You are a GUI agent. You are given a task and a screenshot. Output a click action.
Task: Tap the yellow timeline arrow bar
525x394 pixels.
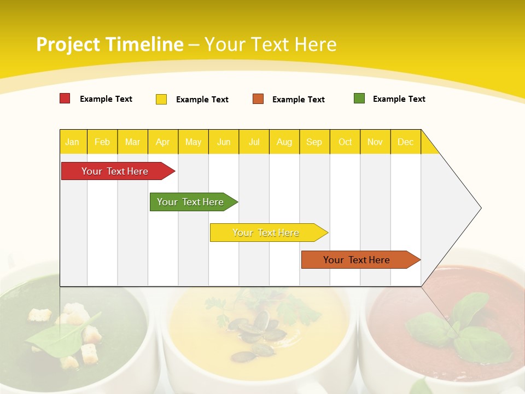pos(266,233)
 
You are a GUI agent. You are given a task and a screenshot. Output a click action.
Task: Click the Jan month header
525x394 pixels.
pos(73,142)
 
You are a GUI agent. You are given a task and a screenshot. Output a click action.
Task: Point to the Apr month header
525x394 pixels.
pos(163,142)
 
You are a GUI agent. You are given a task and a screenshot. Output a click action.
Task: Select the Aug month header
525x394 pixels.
pos(284,142)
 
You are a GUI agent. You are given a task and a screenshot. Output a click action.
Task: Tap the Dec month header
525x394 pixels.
pos(406,142)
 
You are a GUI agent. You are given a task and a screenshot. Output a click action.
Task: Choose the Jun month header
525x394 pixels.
pos(224,142)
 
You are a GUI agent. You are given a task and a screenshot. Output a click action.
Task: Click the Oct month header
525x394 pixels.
pos(345,142)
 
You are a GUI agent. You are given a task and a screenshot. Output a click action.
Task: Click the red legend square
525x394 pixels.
pos(65,99)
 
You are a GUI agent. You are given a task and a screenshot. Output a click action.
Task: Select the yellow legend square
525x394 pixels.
pos(161,99)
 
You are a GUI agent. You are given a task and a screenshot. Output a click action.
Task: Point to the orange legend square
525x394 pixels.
pos(258,99)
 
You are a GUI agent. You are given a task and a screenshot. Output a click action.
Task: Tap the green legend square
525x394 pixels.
pos(359,99)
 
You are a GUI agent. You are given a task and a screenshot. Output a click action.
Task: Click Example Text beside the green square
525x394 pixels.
pos(399,99)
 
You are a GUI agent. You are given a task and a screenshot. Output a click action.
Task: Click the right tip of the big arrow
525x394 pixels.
pos(480,208)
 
